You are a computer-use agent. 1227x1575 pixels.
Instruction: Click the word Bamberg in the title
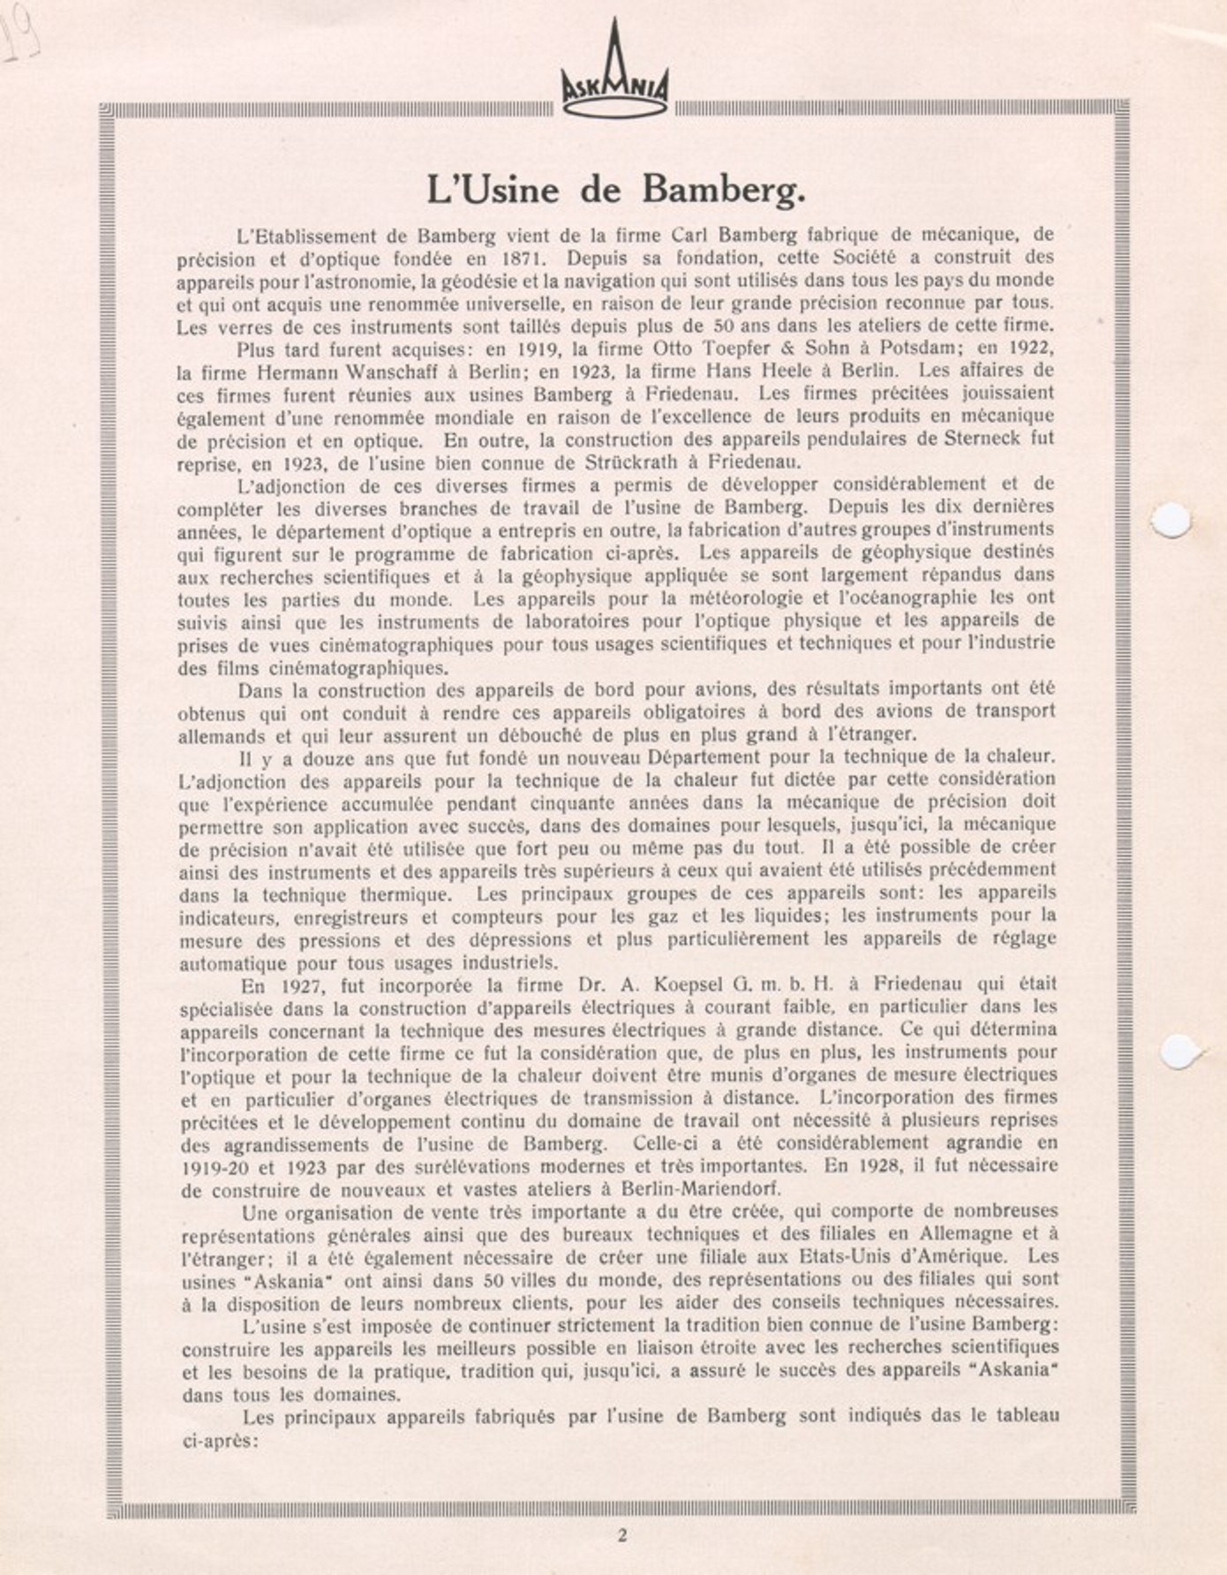point(723,189)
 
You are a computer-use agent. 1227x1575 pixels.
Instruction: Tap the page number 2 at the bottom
point(622,1535)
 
